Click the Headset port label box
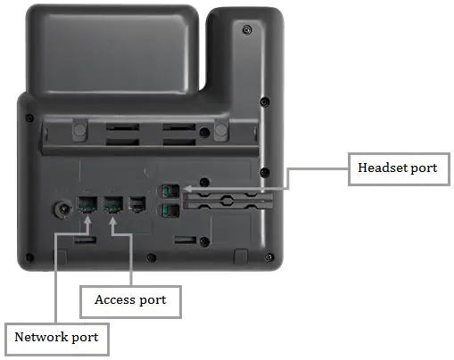[x=399, y=169]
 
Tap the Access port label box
[x=130, y=302]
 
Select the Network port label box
[x=57, y=340]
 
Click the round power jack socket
[x=63, y=209]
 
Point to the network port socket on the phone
[x=87, y=204]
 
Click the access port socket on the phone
[x=113, y=204]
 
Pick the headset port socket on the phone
[x=169, y=191]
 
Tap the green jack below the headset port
[x=169, y=211]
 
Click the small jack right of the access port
[x=136, y=204]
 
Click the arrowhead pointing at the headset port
[x=186, y=189]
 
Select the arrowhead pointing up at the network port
[x=87, y=220]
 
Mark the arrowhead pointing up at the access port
[x=112, y=221]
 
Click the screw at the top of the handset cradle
[x=247, y=29]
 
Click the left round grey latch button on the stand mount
[x=79, y=130]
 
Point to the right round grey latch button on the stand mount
[x=221, y=130]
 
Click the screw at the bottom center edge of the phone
[x=152, y=258]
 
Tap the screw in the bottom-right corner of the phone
[x=268, y=257]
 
